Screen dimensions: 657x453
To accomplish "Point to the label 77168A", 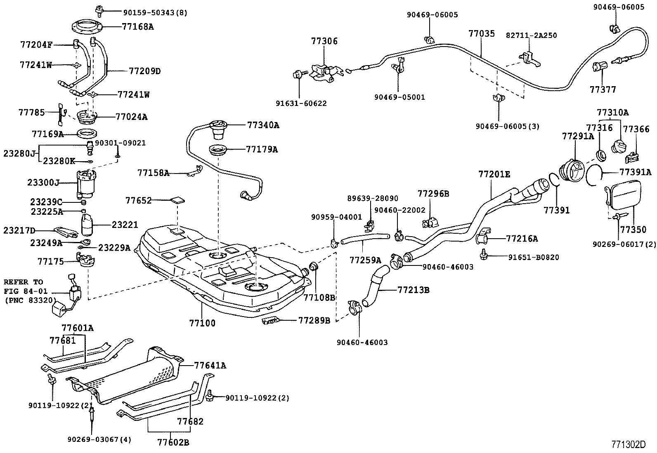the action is point(137,27).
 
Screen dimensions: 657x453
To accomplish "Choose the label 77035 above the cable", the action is point(481,33).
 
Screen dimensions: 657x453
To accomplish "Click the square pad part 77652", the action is point(178,201).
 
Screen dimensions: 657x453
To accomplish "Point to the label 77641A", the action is point(210,365).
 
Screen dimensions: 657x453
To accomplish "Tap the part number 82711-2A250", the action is point(531,35).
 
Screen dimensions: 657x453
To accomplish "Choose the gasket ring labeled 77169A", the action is point(87,134).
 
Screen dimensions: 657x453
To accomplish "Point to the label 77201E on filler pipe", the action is point(494,174).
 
